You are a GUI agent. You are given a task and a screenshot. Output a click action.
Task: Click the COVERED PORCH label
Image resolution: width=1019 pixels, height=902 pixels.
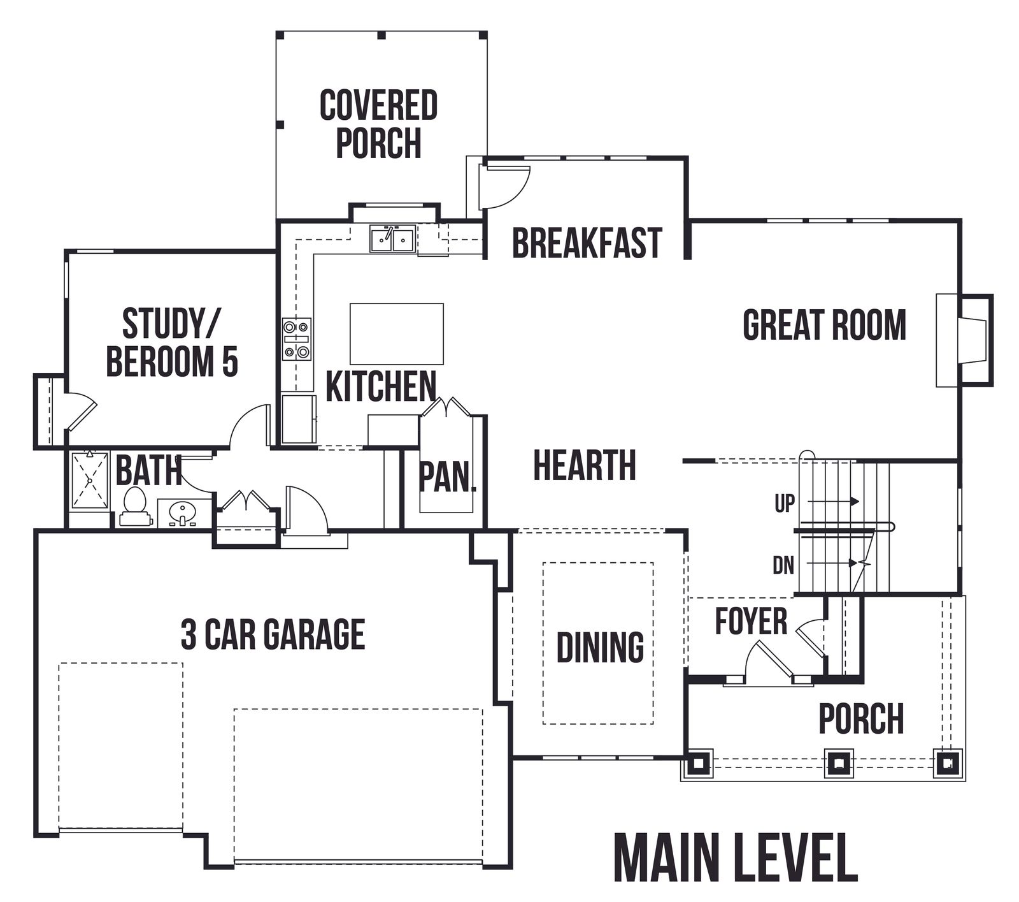(378, 124)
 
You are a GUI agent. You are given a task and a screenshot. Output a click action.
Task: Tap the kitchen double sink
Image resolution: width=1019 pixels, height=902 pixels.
(392, 239)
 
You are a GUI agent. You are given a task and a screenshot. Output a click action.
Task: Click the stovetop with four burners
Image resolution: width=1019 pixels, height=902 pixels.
(297, 339)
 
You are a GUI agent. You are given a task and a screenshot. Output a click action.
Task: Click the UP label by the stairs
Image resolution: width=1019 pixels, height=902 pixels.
(785, 504)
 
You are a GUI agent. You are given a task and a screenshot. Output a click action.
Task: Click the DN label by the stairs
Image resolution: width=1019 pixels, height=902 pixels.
(783, 565)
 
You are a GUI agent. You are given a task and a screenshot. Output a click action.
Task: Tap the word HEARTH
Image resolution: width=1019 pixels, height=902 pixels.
(584, 465)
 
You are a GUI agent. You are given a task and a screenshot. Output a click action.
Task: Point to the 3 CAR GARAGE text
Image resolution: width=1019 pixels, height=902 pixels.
(273, 634)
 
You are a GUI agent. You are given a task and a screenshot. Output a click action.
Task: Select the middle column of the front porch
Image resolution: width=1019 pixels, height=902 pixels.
(837, 762)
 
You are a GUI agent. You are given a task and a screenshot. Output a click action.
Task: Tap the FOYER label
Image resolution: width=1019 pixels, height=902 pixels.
(751, 621)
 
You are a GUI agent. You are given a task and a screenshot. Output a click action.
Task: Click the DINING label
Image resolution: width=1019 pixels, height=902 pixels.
(600, 647)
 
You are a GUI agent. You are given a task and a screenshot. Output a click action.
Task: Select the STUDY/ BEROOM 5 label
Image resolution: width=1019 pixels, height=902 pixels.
(171, 342)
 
